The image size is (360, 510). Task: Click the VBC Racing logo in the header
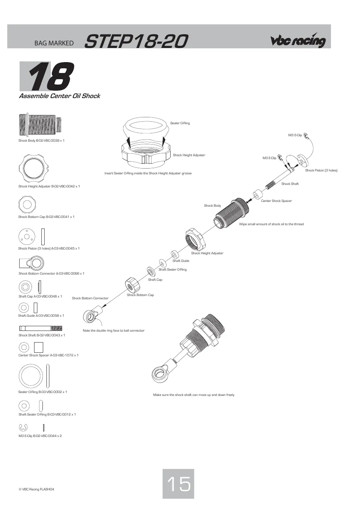coord(298,40)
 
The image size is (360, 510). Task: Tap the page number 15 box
coord(178,484)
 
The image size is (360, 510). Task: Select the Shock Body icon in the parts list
coord(40,124)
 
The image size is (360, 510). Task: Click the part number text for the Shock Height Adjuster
coord(65,186)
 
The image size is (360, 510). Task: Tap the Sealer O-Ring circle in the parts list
coord(31,376)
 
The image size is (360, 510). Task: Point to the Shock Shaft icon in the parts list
coord(41,328)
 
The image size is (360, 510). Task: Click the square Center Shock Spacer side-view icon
coord(38,347)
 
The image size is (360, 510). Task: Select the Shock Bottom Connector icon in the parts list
coord(31,263)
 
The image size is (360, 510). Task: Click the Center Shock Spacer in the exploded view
coord(258,195)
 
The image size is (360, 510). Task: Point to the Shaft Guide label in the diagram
coord(181,261)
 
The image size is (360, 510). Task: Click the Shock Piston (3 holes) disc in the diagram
coord(302,160)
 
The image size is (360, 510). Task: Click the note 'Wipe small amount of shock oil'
coord(271,224)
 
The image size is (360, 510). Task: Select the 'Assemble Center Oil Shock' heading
coord(60,96)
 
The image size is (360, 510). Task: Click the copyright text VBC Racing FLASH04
coord(36,489)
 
